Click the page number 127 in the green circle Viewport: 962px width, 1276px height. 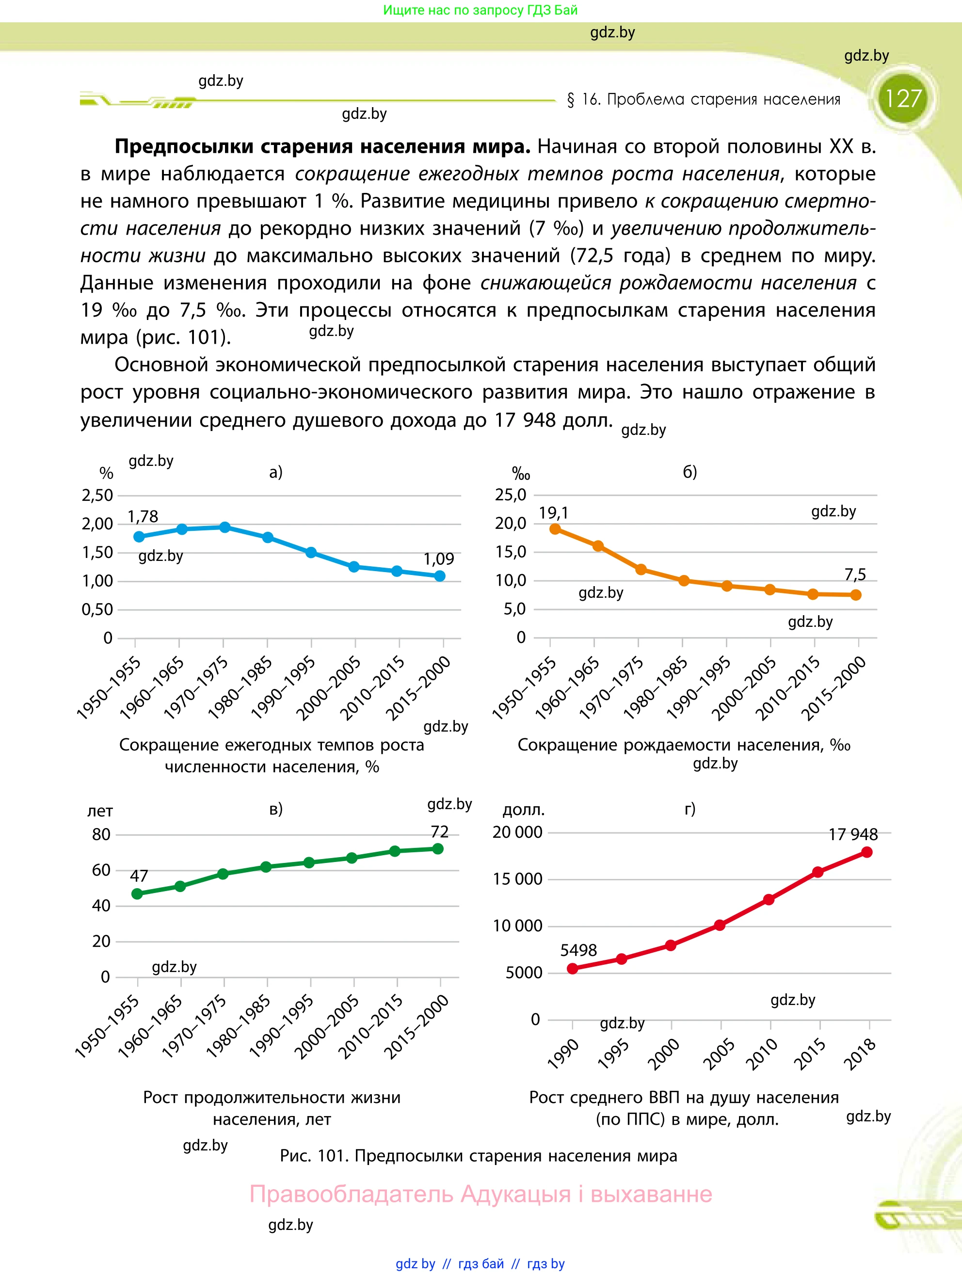pyautogui.click(x=903, y=98)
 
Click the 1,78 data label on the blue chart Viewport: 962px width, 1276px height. pyautogui.click(x=143, y=516)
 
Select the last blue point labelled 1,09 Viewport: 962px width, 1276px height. pyautogui.click(x=440, y=575)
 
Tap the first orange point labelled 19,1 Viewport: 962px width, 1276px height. pyautogui.click(x=555, y=529)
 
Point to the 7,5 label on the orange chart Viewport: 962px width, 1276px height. pyautogui.click(x=855, y=574)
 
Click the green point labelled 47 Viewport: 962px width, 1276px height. pyautogui.click(x=137, y=894)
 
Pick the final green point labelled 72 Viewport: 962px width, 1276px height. pyautogui.click(x=438, y=848)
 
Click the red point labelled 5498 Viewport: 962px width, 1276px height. pyautogui.click(x=573, y=969)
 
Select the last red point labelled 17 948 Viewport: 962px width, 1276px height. pyautogui.click(x=867, y=852)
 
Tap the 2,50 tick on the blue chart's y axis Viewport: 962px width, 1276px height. pyautogui.click(x=97, y=495)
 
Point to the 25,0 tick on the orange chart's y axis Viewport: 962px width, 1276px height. pyautogui.click(x=511, y=494)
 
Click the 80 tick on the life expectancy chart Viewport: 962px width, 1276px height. pyautogui.click(x=101, y=834)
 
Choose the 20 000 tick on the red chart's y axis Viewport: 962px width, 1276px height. pyautogui.click(x=518, y=832)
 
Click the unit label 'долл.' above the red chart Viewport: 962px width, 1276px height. pyautogui.click(x=523, y=810)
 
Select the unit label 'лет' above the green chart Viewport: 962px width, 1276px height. pyautogui.click(x=100, y=811)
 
